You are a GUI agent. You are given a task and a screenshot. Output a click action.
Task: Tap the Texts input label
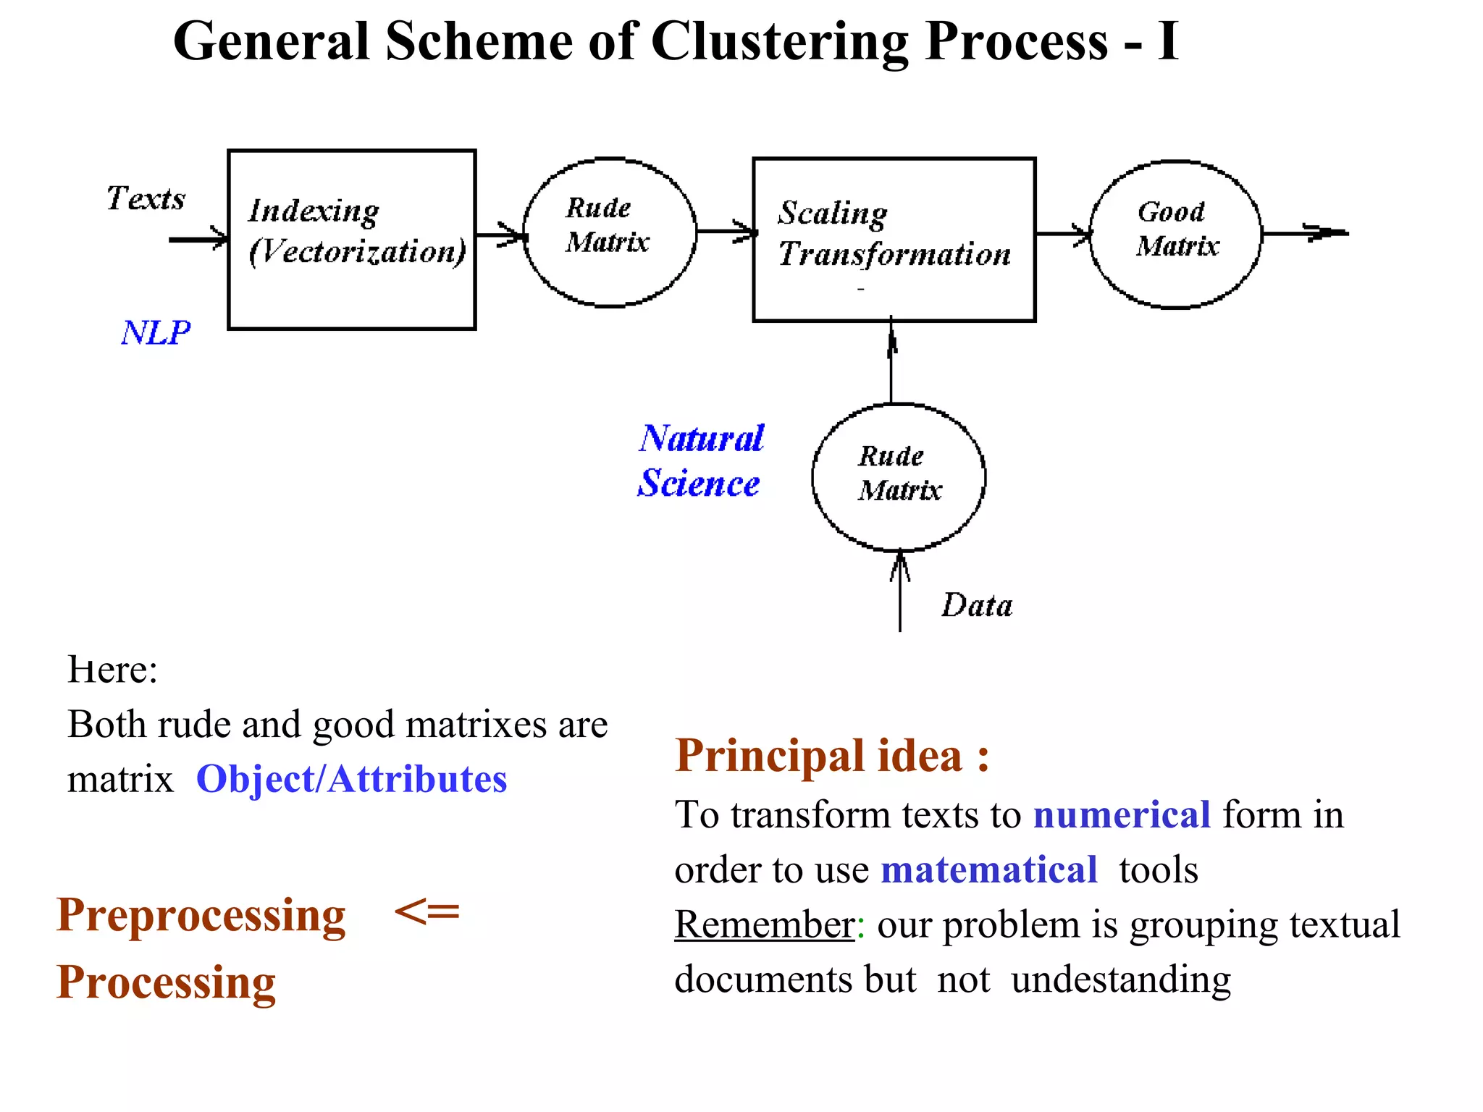tap(146, 198)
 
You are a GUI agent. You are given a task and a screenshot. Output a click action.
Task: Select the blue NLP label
tap(155, 333)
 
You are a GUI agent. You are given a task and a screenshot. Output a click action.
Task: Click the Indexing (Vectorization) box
tap(352, 240)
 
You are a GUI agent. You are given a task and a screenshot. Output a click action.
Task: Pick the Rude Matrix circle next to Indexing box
tap(609, 232)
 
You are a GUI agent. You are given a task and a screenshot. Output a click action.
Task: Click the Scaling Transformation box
tap(894, 240)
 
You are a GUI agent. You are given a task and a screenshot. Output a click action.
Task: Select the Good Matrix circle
tap(1175, 234)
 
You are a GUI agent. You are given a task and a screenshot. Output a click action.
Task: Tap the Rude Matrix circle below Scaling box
tap(898, 477)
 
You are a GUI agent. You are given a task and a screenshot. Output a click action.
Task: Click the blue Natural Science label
tap(700, 460)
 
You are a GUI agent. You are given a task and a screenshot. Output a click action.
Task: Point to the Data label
tap(976, 605)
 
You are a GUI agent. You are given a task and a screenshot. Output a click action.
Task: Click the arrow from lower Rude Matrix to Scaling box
tap(891, 362)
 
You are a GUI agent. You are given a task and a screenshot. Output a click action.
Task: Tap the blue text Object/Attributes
tap(351, 780)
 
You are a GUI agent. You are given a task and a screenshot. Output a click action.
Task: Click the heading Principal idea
tap(831, 756)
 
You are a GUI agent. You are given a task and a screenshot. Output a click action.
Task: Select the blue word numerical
tap(1121, 814)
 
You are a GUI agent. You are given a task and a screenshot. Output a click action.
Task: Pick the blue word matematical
tap(988, 869)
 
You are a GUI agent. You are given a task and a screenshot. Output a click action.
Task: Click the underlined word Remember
tap(764, 924)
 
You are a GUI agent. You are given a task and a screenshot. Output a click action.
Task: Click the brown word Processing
tap(166, 982)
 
